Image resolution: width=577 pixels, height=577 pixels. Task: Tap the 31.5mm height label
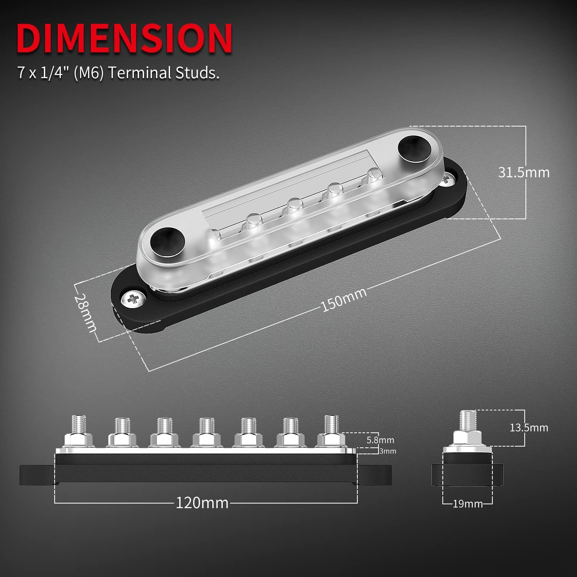click(524, 172)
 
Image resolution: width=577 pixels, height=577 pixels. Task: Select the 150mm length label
click(344, 299)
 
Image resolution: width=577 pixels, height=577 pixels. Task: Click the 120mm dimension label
click(202, 503)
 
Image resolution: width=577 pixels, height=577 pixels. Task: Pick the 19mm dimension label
click(467, 504)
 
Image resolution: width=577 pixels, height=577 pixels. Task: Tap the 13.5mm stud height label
click(529, 427)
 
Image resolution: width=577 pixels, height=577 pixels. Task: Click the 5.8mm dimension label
click(380, 440)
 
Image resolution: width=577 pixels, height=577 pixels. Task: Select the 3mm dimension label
click(387, 451)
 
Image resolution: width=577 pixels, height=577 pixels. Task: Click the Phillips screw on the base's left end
click(133, 299)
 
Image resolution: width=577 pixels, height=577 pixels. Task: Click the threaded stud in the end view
click(467, 421)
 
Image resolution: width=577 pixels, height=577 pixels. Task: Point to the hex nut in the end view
click(467, 438)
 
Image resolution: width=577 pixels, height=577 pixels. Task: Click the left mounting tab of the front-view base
click(37, 475)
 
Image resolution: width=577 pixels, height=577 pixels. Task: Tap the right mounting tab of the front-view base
click(375, 475)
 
